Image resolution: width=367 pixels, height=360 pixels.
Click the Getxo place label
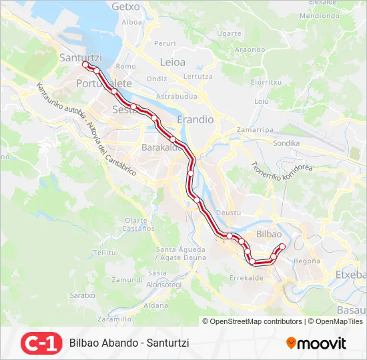[x=126, y=6]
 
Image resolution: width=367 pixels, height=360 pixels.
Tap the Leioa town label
[x=173, y=63]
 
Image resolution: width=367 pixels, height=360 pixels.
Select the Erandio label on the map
[x=195, y=119]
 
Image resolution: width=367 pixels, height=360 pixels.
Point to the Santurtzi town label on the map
[x=81, y=57]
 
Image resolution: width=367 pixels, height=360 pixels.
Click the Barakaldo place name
[x=161, y=147]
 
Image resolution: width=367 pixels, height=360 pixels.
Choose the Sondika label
[x=286, y=143]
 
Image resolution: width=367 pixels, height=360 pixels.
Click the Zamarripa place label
[x=256, y=129]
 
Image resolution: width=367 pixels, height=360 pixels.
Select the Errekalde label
[x=246, y=277]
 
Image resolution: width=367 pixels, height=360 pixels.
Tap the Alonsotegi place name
[x=164, y=284]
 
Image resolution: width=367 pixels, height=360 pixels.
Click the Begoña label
[x=307, y=261]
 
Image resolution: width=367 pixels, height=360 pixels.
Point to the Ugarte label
[x=229, y=33]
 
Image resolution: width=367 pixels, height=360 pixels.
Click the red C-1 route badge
[x=41, y=343]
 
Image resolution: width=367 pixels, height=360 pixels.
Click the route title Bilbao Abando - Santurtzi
[x=129, y=343]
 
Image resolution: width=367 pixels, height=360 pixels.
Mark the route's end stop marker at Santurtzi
[x=85, y=65]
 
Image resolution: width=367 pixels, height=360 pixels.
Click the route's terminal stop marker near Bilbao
[x=282, y=247]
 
